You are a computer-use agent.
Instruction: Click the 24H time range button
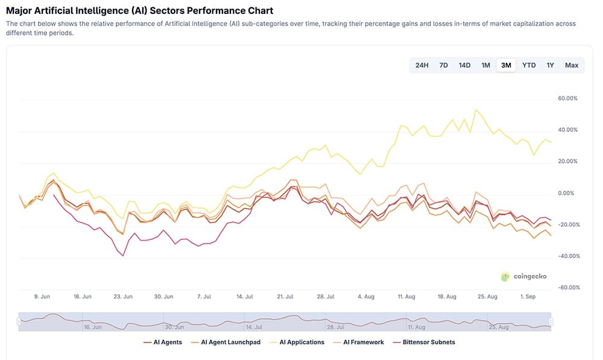click(x=421, y=65)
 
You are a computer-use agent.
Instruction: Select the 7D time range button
click(x=443, y=65)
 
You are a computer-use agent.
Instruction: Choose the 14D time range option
click(x=464, y=65)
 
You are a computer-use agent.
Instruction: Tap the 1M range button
click(x=485, y=65)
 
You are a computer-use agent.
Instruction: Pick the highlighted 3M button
click(x=506, y=65)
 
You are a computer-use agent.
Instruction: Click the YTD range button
click(x=529, y=65)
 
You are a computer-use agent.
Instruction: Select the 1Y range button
click(x=550, y=65)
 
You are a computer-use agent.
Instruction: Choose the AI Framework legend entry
click(x=359, y=343)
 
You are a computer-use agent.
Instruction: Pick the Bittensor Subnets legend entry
click(x=424, y=343)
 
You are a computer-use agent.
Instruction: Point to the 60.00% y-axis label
click(x=568, y=98)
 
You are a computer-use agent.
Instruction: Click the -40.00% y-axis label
click(x=567, y=256)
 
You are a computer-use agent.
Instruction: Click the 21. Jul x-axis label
click(x=285, y=297)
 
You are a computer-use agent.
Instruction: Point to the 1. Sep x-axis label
click(x=528, y=297)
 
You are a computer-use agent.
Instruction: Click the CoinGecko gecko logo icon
click(x=505, y=277)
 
